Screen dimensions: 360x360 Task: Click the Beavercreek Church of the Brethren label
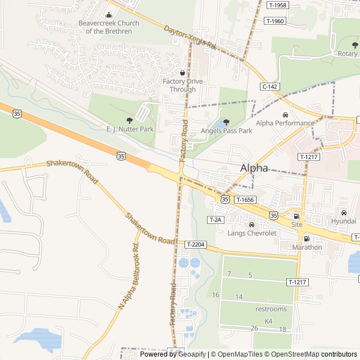coord(109,27)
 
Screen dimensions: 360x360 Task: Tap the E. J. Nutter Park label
coord(130,129)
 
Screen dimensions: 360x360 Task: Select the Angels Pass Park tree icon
coord(226,122)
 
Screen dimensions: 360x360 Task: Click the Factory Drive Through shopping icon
coord(182,73)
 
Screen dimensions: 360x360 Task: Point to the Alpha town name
coord(254,168)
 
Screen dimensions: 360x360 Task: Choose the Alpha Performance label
coord(285,123)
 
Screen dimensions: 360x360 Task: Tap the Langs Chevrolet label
coord(252,233)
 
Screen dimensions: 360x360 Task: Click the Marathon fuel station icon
coord(307,238)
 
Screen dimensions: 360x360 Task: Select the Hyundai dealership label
coord(343,221)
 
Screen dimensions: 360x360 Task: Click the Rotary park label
coord(347,53)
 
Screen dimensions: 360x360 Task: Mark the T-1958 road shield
coord(277,5)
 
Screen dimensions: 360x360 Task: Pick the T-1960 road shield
coord(275,21)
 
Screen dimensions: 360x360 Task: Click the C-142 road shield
coord(270,87)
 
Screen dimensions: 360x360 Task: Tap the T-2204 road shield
coord(196,245)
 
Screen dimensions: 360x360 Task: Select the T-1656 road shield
coord(245,200)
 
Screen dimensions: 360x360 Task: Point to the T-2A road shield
coord(215,220)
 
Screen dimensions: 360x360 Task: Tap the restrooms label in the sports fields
coord(271,309)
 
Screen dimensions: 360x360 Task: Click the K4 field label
coord(268,321)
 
